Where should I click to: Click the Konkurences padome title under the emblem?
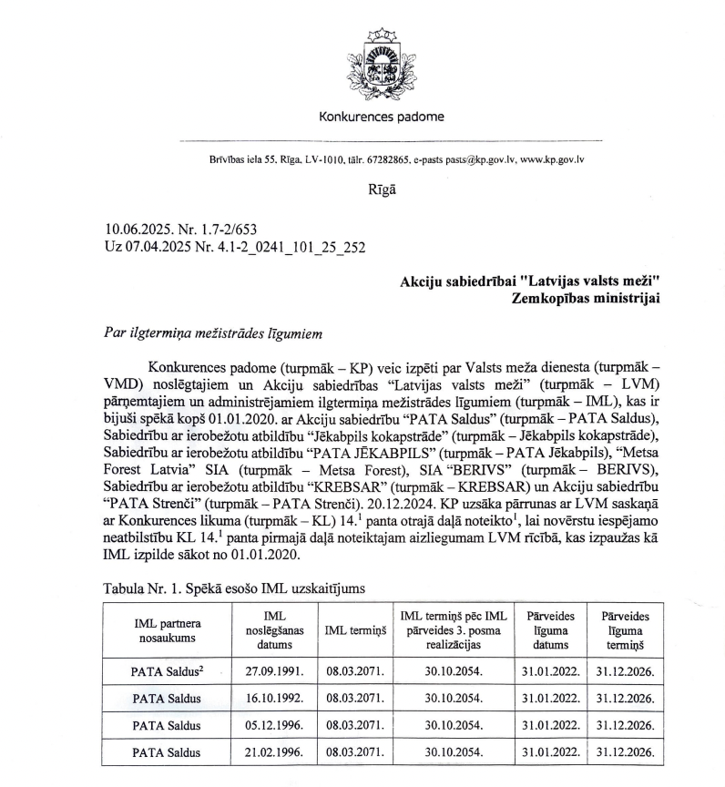pyautogui.click(x=382, y=117)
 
